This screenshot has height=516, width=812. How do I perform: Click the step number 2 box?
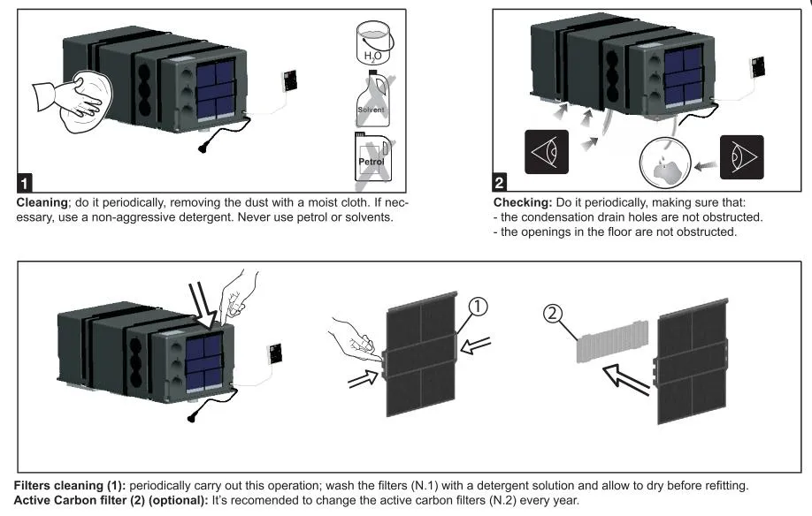[501, 184]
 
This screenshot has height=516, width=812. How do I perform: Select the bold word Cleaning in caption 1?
[45, 202]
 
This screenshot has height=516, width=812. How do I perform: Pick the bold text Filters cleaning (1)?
[71, 485]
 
